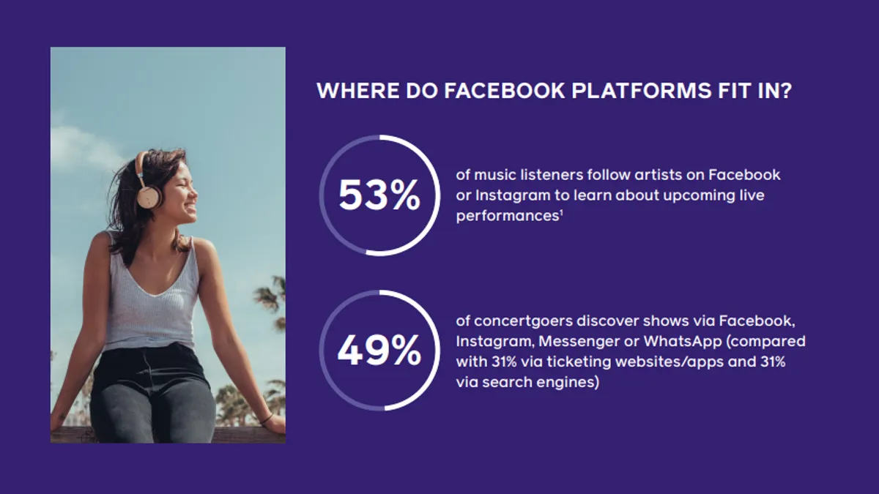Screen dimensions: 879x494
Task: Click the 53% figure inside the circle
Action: [x=379, y=195]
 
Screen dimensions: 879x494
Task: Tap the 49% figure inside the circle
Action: [x=379, y=350]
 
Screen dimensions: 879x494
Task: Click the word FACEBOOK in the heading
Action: [x=504, y=91]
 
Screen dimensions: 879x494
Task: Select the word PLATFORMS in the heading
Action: [x=641, y=91]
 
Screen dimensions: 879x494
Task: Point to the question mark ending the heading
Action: [x=785, y=91]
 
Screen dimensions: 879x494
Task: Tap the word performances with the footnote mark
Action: [x=509, y=216]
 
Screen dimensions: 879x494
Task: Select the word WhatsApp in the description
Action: [x=683, y=342]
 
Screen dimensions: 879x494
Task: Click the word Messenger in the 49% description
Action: [x=579, y=342]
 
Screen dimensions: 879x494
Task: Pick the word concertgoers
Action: [x=523, y=321]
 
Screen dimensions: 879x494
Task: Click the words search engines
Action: [x=541, y=382]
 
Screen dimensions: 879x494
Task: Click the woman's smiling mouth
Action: [x=191, y=207]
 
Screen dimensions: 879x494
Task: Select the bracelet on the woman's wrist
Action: [x=267, y=419]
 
